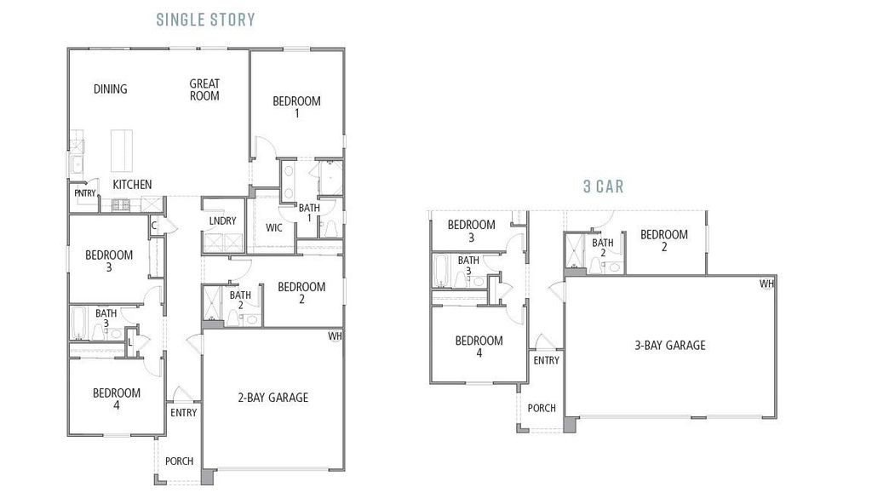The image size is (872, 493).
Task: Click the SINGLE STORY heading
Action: pos(205,19)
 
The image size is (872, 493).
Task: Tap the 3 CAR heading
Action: pos(603,186)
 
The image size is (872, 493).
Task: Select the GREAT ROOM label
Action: pos(204,89)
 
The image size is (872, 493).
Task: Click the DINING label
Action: pos(110,89)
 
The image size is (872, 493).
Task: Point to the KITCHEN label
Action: pos(133,185)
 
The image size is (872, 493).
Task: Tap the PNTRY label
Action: pos(85,193)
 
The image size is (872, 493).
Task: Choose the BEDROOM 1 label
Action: pos(296,106)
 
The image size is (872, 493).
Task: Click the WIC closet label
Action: pos(274,227)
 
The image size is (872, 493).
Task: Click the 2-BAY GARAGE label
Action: pos(272,397)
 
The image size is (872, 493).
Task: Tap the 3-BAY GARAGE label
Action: pos(669,345)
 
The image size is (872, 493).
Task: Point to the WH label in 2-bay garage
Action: pos(335,336)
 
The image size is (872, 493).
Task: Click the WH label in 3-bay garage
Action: pos(767,284)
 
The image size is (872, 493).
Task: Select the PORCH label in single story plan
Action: pos(179,461)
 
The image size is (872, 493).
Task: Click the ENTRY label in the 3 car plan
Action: pos(546,360)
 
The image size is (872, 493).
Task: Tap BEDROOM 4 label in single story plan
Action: pos(117,398)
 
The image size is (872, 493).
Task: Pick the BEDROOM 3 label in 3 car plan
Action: pos(471,231)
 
